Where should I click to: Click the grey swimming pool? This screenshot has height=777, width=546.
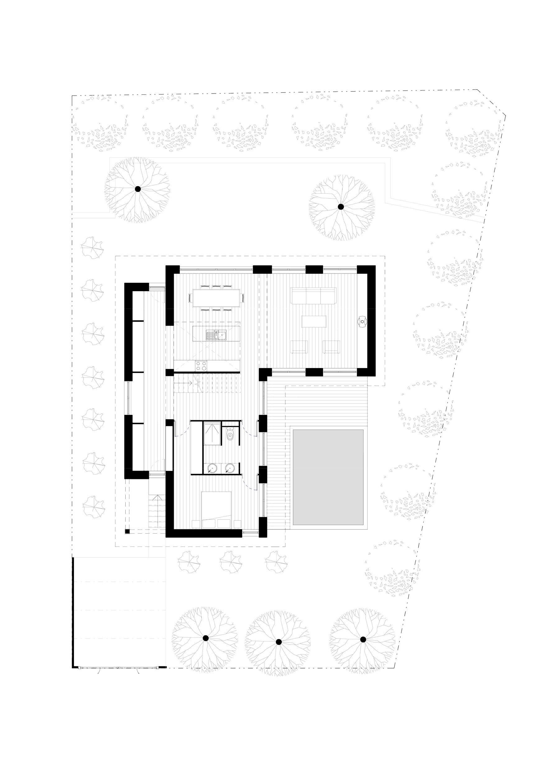328,477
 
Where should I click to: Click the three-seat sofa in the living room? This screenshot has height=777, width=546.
314,297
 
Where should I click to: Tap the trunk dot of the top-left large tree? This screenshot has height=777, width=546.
137,189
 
